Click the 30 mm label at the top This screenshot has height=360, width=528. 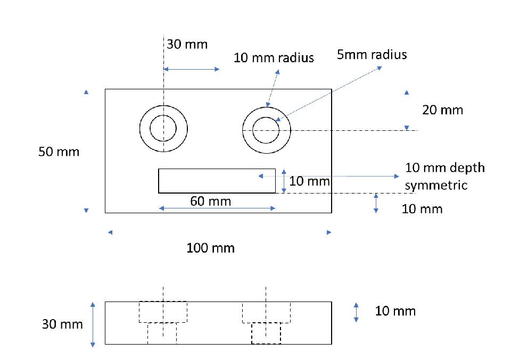187,44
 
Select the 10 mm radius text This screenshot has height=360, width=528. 274,57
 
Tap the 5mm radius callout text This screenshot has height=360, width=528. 372,55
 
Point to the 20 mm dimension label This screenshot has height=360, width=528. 442,110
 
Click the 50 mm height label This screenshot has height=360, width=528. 59,152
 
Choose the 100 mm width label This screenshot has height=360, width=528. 210,248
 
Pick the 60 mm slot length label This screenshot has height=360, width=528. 210,201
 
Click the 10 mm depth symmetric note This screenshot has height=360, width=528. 445,176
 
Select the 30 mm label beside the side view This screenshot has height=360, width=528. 62,324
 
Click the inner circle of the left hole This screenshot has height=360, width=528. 163,128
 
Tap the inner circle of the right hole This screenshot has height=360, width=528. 266,129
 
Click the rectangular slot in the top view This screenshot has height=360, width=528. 217,181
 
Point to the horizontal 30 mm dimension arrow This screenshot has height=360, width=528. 191,70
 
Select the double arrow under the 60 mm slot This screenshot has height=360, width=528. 217,209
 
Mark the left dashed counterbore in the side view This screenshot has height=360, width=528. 163,312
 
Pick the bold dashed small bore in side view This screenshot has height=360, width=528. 266,333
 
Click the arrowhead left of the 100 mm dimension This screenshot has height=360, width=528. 110,232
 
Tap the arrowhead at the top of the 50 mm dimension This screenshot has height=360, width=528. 86,93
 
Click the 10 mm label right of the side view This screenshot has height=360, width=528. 395,311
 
